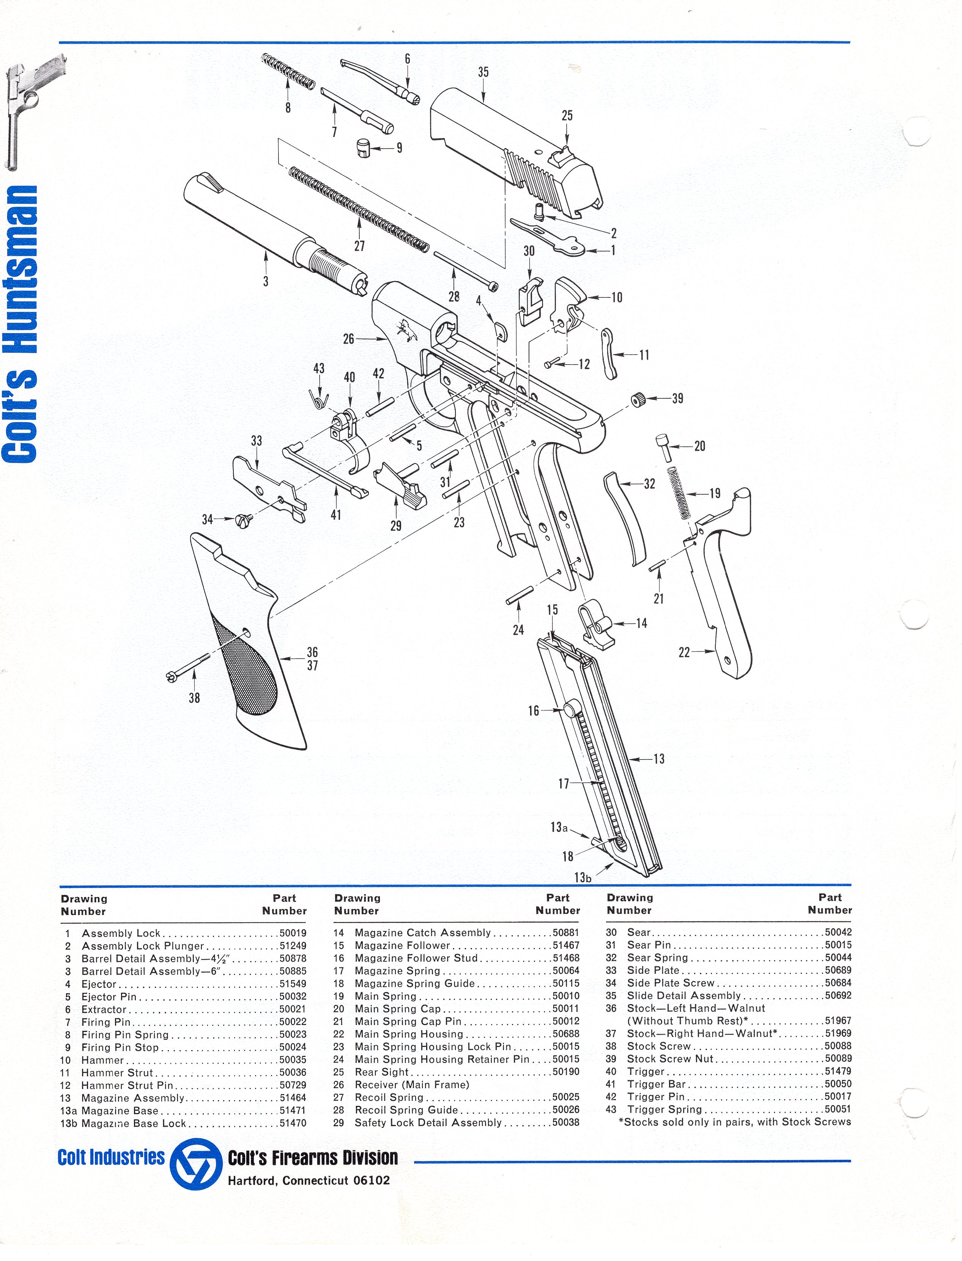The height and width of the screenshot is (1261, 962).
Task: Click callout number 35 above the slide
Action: [x=483, y=72]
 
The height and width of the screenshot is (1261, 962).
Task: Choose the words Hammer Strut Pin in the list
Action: [x=127, y=1085]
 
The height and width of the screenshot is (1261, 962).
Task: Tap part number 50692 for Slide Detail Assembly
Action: [x=838, y=995]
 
